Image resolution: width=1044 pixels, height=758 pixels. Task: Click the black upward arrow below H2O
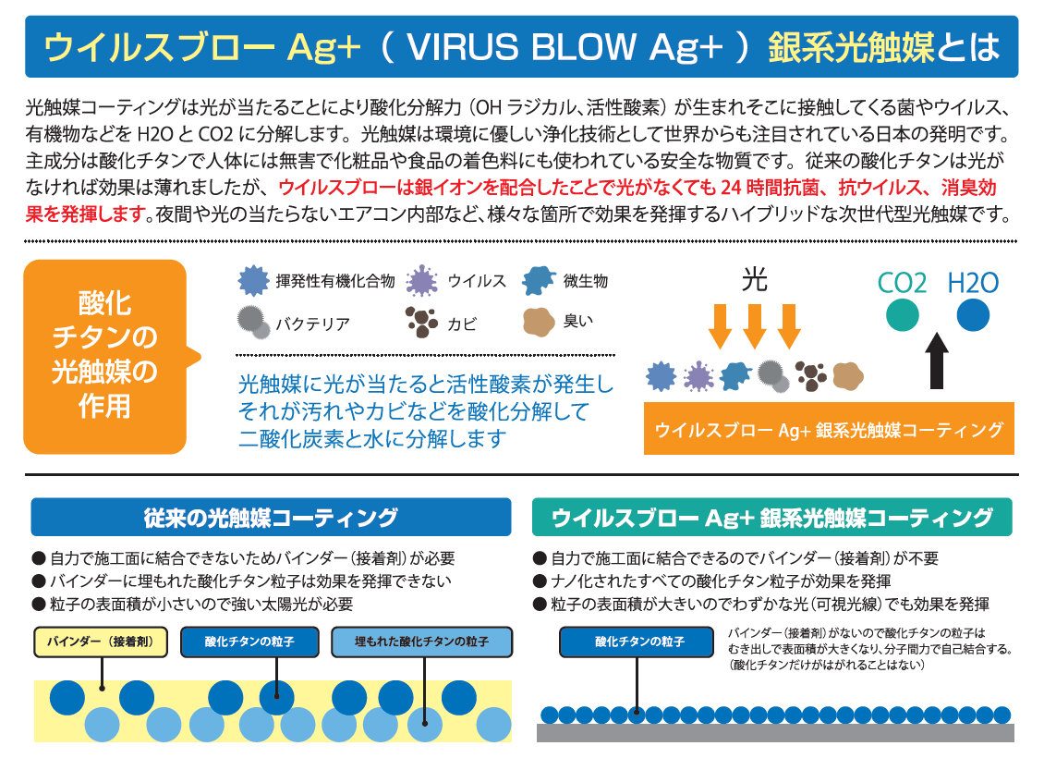point(937,361)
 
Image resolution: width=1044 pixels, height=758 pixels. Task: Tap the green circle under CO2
point(903,315)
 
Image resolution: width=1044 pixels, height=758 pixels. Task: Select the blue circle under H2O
point(973,315)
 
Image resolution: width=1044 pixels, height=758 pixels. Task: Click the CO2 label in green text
point(903,282)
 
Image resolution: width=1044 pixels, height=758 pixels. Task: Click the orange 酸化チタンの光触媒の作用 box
point(104,356)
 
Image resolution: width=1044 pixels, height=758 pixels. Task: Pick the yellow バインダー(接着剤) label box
point(102,642)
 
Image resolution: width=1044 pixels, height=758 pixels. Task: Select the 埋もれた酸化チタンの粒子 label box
point(421,642)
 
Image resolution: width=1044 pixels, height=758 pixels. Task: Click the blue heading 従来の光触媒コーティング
point(270,518)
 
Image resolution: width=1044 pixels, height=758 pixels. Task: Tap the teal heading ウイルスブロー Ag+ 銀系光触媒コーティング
point(772,518)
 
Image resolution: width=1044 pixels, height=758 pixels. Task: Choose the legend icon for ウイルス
point(422,279)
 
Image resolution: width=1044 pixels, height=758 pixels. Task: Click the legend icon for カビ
point(422,322)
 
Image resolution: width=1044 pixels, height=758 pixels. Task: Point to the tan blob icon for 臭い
point(539,322)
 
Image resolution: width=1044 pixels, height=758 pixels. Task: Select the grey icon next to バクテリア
point(253,322)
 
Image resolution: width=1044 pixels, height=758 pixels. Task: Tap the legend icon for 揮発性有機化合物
point(252,280)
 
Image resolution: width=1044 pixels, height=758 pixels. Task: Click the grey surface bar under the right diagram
point(775,732)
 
